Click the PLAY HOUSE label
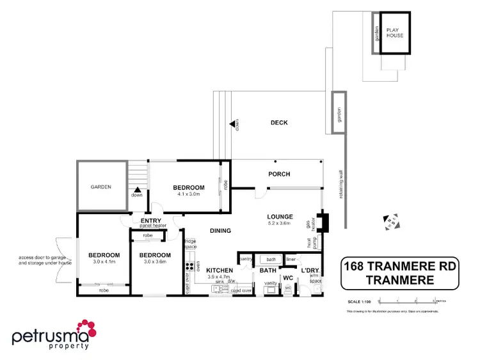click(394, 32)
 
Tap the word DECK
click(279, 123)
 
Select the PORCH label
click(279, 174)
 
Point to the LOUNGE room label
click(280, 217)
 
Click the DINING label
click(220, 231)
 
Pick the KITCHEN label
click(219, 271)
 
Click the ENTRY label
click(150, 221)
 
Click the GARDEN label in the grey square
click(100, 187)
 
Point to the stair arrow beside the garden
click(137, 189)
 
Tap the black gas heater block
click(324, 222)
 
